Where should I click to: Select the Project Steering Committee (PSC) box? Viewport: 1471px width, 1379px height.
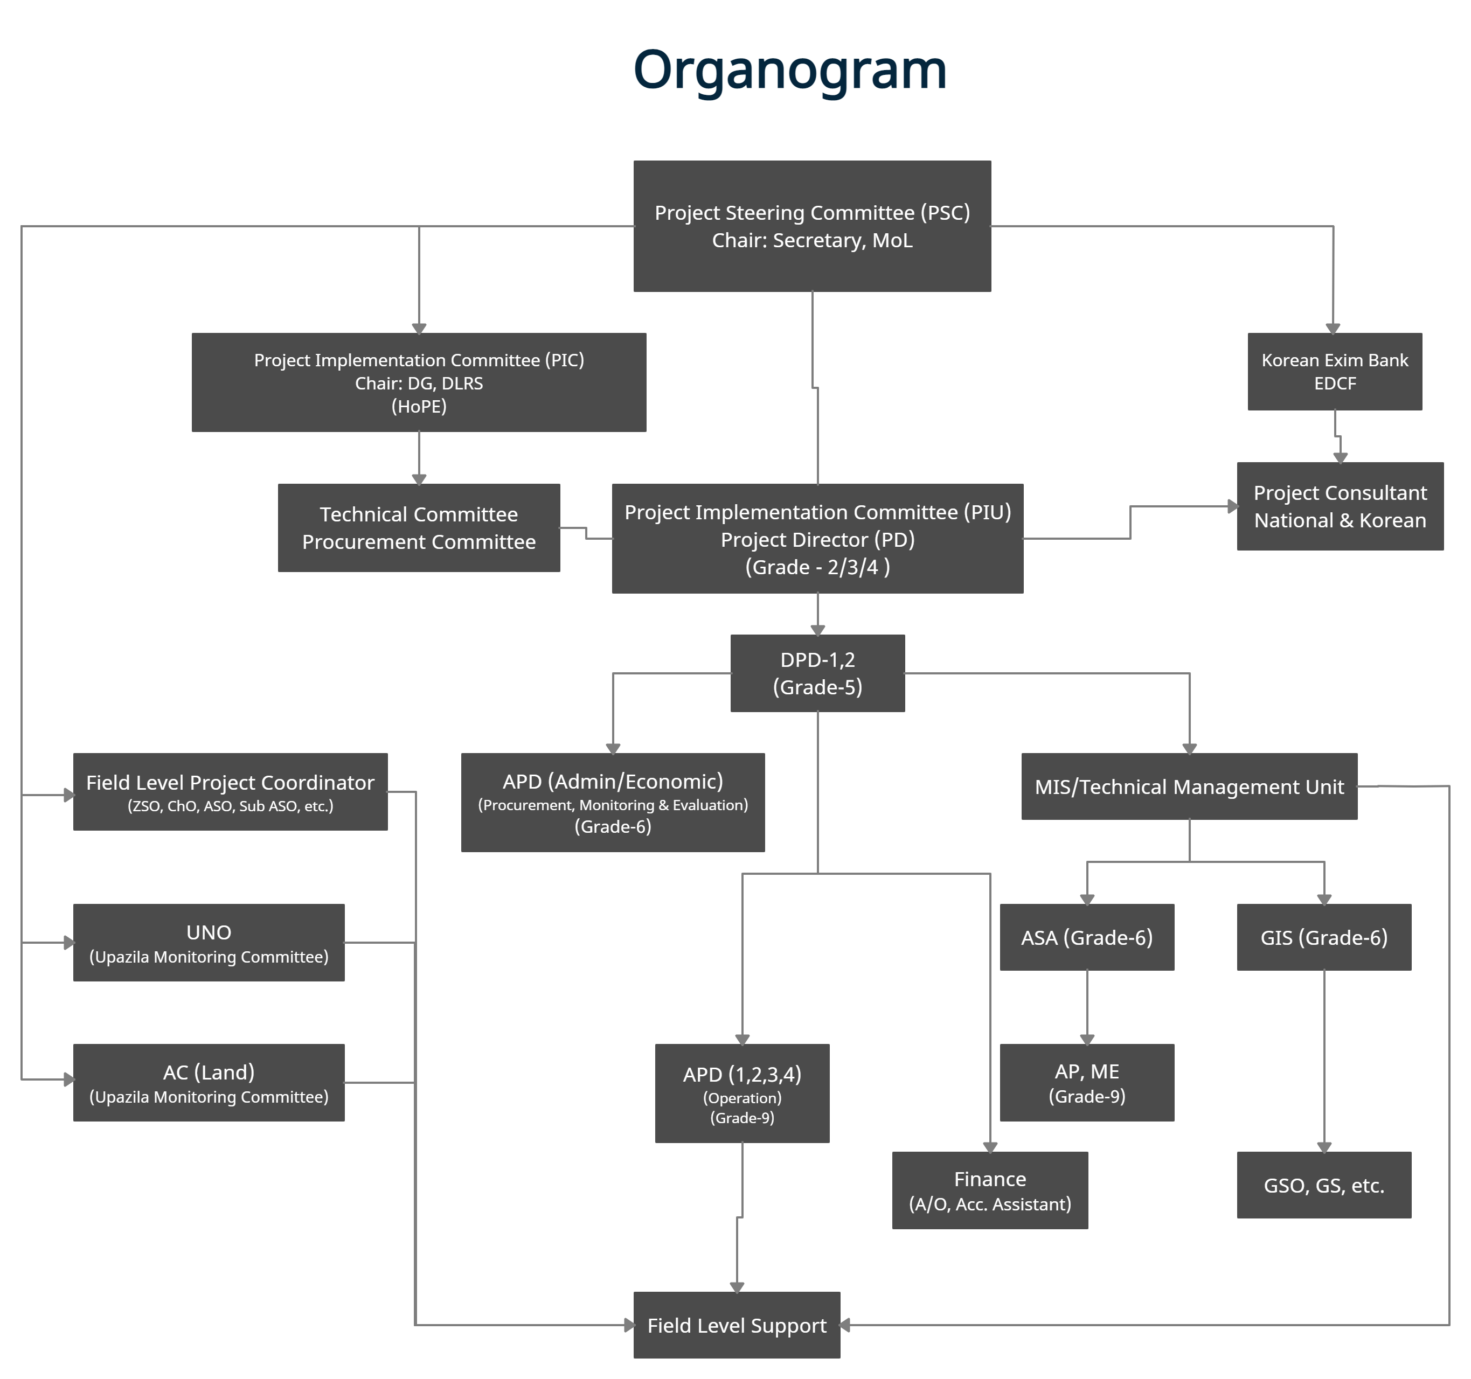811,226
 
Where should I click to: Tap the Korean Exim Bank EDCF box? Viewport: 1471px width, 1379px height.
1334,371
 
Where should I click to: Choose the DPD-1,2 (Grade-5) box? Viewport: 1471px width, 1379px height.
817,673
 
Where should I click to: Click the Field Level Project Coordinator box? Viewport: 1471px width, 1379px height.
230,792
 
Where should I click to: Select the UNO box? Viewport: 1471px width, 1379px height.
208,943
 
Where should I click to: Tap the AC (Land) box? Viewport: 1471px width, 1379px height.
208,1082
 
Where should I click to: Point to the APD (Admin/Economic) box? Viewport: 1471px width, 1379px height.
612,803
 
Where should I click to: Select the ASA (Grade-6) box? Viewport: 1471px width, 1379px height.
1086,937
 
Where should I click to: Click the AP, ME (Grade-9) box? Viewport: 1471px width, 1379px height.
1086,1082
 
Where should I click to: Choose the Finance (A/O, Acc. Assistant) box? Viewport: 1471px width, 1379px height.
989,1190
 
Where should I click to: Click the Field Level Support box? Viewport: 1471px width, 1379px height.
736,1325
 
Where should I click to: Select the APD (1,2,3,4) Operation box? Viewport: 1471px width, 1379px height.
741,1094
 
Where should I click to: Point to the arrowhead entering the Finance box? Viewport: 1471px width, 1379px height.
990,1147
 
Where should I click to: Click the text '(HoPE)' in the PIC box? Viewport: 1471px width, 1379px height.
419,406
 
